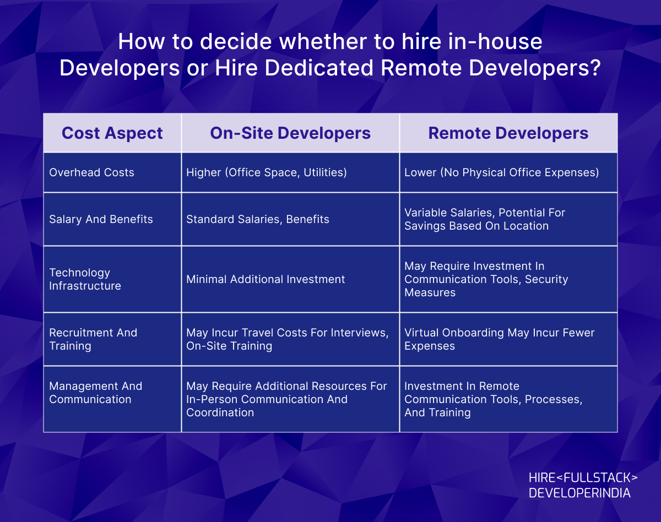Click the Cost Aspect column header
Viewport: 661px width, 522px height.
coord(112,133)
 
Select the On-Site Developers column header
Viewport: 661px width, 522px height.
coord(290,133)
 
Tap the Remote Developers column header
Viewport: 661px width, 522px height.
coord(508,133)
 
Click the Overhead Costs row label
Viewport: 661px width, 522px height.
coord(91,172)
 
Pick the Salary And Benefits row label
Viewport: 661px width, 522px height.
coord(101,219)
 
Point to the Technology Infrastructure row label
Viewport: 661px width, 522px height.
coord(85,279)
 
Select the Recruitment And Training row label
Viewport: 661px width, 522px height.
coord(93,339)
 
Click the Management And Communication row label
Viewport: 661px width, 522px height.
coord(95,393)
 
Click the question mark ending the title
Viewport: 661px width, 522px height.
coord(595,68)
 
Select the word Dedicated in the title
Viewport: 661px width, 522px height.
coord(319,68)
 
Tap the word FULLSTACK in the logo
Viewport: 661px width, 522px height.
coord(597,478)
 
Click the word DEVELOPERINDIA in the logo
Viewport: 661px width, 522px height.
coord(579,493)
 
